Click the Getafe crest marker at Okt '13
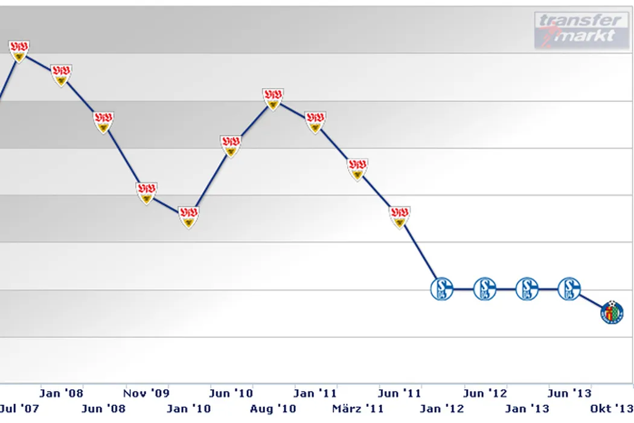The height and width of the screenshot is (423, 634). pyautogui.click(x=612, y=312)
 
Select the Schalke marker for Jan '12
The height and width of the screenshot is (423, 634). pyautogui.click(x=442, y=289)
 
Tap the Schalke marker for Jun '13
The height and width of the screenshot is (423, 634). pyautogui.click(x=569, y=289)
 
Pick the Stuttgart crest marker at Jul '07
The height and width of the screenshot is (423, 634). pyautogui.click(x=19, y=51)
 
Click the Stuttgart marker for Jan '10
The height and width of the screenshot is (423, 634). pyautogui.click(x=189, y=216)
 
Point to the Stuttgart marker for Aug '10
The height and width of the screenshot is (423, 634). pyautogui.click(x=273, y=98)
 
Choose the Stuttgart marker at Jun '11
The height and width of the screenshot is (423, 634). pyautogui.click(x=399, y=216)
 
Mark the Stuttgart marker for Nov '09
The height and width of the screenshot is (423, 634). pyautogui.click(x=146, y=192)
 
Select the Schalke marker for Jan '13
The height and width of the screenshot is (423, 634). pyautogui.click(x=527, y=289)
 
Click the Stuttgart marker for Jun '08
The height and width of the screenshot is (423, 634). pyautogui.click(x=104, y=121)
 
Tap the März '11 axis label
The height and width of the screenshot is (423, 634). pyautogui.click(x=359, y=408)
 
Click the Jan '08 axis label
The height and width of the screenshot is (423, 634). pyautogui.click(x=61, y=393)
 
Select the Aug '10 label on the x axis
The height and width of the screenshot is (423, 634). pyautogui.click(x=273, y=408)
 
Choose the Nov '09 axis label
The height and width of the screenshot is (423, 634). pyautogui.click(x=147, y=393)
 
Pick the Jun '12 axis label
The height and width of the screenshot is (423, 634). pyautogui.click(x=485, y=393)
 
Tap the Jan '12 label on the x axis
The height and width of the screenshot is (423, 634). pyautogui.click(x=442, y=408)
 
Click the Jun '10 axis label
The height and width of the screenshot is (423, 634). pyautogui.click(x=231, y=393)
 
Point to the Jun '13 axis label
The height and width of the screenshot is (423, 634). pyautogui.click(x=569, y=393)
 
